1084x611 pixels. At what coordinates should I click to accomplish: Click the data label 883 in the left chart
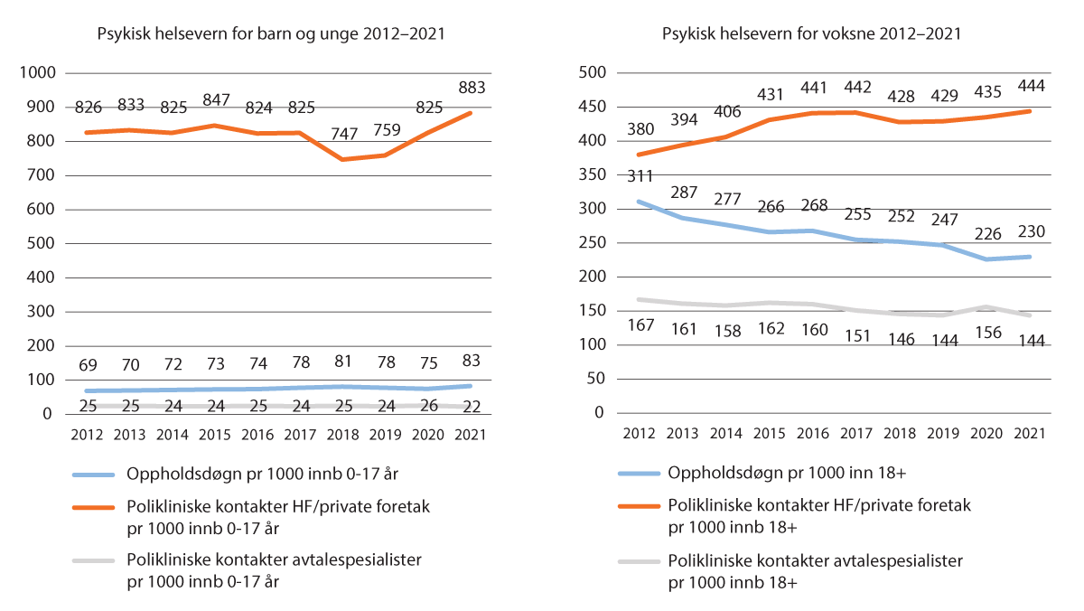472,88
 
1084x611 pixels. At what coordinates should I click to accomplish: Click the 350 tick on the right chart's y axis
588,174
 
